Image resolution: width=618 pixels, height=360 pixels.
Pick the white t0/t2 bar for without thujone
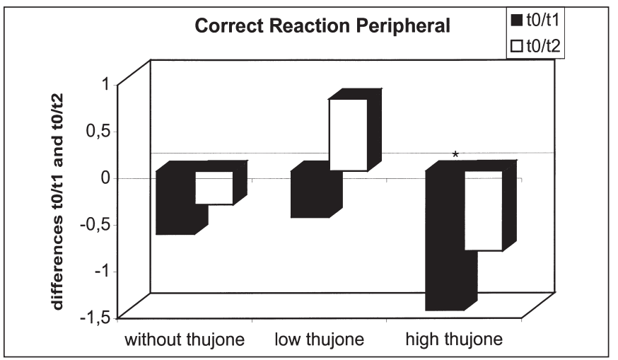coord(214,188)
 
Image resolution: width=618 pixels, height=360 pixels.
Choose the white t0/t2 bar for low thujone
coord(347,135)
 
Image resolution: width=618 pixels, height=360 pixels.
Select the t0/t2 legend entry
coord(530,47)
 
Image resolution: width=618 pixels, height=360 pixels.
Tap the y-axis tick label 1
coord(105,84)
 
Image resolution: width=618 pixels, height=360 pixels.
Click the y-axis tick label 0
coord(105,178)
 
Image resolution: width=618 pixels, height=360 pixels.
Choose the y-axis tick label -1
coord(102,272)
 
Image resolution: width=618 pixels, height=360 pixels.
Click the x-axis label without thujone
coord(185,339)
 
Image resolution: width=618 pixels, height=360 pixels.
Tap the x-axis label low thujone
coord(320,339)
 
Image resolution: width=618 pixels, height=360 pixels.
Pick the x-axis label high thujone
coord(454,339)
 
